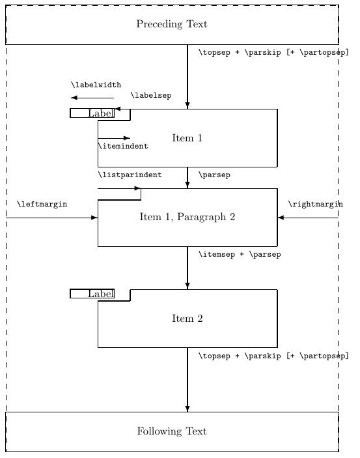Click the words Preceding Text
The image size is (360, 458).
(x=172, y=24)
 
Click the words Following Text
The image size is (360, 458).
(x=172, y=431)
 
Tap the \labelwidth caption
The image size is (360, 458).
(x=96, y=85)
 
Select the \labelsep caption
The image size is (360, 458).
(x=151, y=96)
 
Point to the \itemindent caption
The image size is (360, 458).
(x=122, y=147)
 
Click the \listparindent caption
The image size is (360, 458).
(x=130, y=175)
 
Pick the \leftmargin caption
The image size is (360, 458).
(x=42, y=204)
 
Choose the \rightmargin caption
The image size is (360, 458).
(x=315, y=204)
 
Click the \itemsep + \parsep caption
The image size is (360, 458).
(x=239, y=255)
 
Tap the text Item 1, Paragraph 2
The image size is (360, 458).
(x=187, y=217)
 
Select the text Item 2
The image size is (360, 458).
(x=187, y=319)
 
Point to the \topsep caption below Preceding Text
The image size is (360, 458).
(x=273, y=53)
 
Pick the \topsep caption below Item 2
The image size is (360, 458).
(x=273, y=356)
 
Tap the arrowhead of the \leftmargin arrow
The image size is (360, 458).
(x=94, y=217)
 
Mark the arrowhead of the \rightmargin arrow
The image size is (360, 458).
(x=281, y=217)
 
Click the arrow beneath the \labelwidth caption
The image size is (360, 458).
(x=92, y=98)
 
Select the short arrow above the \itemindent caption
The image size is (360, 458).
(x=114, y=138)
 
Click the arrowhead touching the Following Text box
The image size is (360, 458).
(x=187, y=408)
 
